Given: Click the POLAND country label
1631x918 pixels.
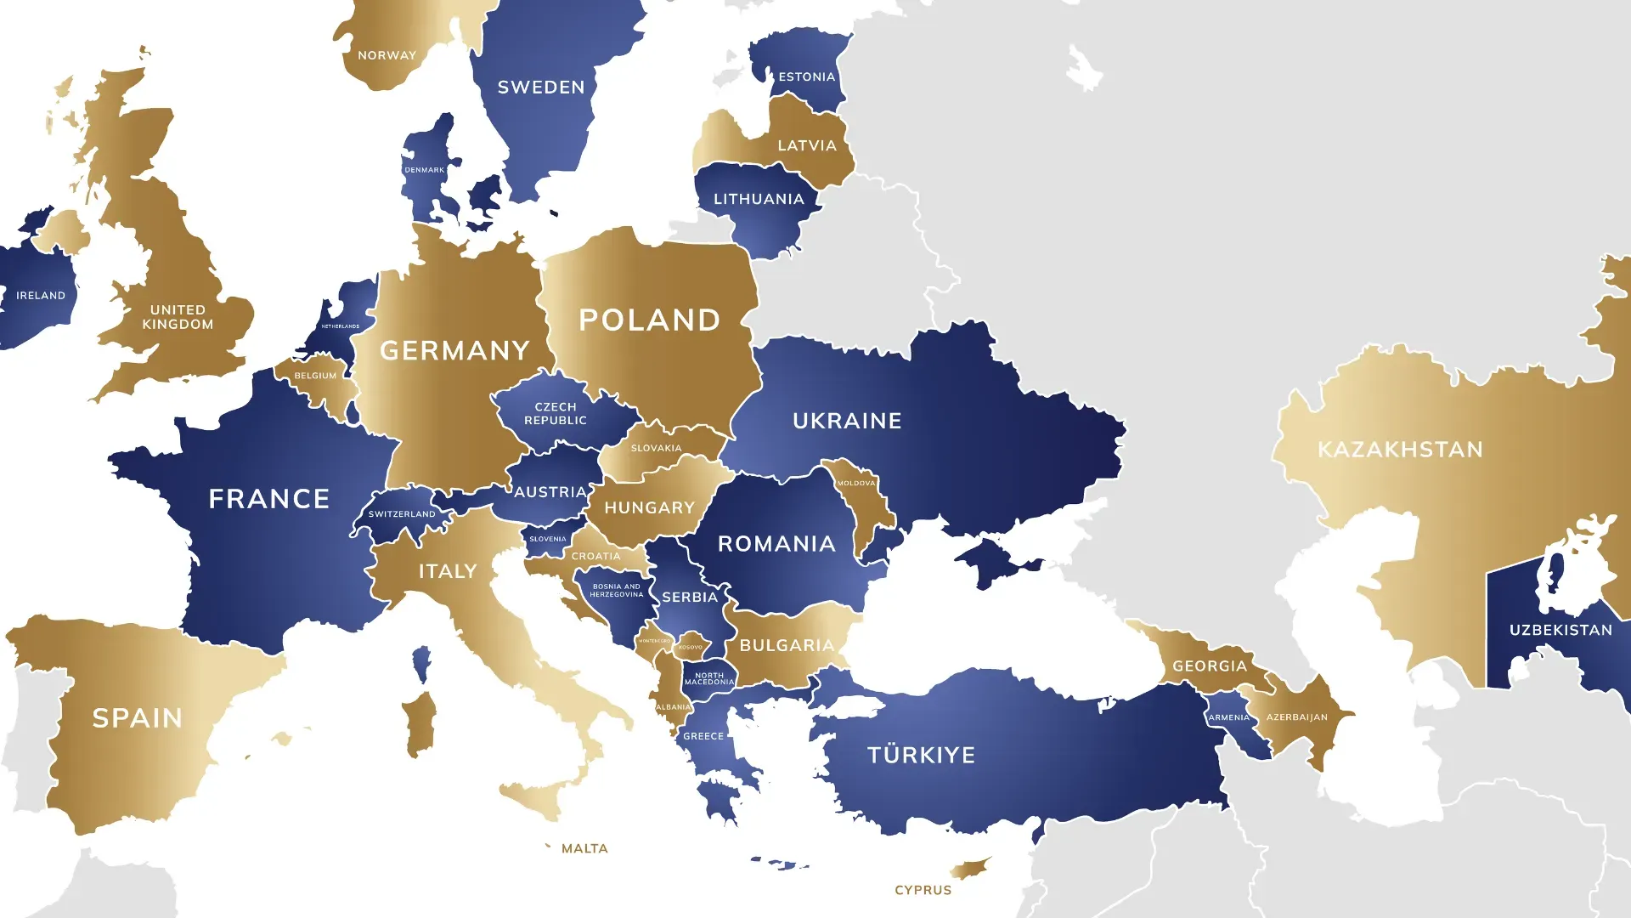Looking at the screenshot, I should coord(650,320).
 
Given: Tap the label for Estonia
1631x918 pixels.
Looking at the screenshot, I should coord(806,76).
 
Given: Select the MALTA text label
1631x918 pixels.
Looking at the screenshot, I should coord(584,848).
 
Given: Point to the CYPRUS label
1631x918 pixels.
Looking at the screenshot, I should coord(923,890).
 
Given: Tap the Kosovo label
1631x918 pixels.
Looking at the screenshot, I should coord(691,648).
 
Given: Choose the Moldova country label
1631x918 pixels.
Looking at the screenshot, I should coord(855,483).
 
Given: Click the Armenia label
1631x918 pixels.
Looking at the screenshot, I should coord(1228,717).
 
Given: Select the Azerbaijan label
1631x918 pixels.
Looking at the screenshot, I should coord(1296,717).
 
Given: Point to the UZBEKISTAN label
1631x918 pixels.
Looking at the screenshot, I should coord(1560,630).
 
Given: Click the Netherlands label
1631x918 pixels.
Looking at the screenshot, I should coord(340,326).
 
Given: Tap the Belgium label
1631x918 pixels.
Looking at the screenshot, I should coord(315,376).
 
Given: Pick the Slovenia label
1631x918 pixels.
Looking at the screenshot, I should coord(547,539).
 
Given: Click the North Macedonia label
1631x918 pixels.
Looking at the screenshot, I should coord(709,678).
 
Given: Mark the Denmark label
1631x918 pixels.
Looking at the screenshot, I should coord(424,170).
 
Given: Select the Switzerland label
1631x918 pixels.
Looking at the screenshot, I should coord(401,514).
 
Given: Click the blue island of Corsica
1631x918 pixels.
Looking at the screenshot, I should coord(421,664).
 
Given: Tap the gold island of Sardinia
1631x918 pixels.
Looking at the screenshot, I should coord(420,722).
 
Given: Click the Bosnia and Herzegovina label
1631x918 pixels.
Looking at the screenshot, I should coord(617,590).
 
